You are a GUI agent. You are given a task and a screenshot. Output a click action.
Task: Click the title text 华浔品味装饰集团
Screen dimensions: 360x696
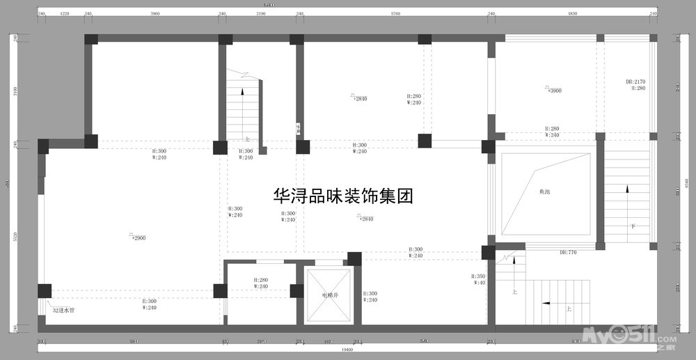(344, 196)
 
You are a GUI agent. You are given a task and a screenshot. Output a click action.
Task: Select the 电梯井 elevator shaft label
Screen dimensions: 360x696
(329, 295)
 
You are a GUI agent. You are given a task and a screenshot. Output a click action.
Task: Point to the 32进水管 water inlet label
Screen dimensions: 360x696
(64, 310)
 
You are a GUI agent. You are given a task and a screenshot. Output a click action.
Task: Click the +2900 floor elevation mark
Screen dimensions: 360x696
(137, 237)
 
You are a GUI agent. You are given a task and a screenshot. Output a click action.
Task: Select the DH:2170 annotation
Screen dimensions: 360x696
(635, 81)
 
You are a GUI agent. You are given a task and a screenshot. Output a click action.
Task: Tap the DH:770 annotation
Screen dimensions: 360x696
(568, 253)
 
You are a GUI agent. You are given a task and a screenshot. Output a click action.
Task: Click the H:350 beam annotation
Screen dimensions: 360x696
(478, 276)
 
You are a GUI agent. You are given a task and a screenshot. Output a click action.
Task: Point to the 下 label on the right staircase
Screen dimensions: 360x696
(633, 226)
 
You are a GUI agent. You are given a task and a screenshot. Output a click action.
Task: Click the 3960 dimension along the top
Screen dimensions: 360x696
(155, 14)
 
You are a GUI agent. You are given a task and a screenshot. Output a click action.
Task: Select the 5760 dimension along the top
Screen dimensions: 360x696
(395, 14)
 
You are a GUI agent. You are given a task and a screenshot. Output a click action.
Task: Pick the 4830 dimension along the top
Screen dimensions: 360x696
(572, 14)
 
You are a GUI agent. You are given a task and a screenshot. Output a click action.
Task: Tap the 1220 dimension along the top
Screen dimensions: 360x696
(64, 14)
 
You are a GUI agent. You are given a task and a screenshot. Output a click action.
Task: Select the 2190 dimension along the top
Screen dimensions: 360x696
(261, 14)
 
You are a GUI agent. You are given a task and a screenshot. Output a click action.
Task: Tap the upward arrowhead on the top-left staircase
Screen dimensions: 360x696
(242, 91)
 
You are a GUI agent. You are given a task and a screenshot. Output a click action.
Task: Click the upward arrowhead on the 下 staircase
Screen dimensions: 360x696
(627, 188)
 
